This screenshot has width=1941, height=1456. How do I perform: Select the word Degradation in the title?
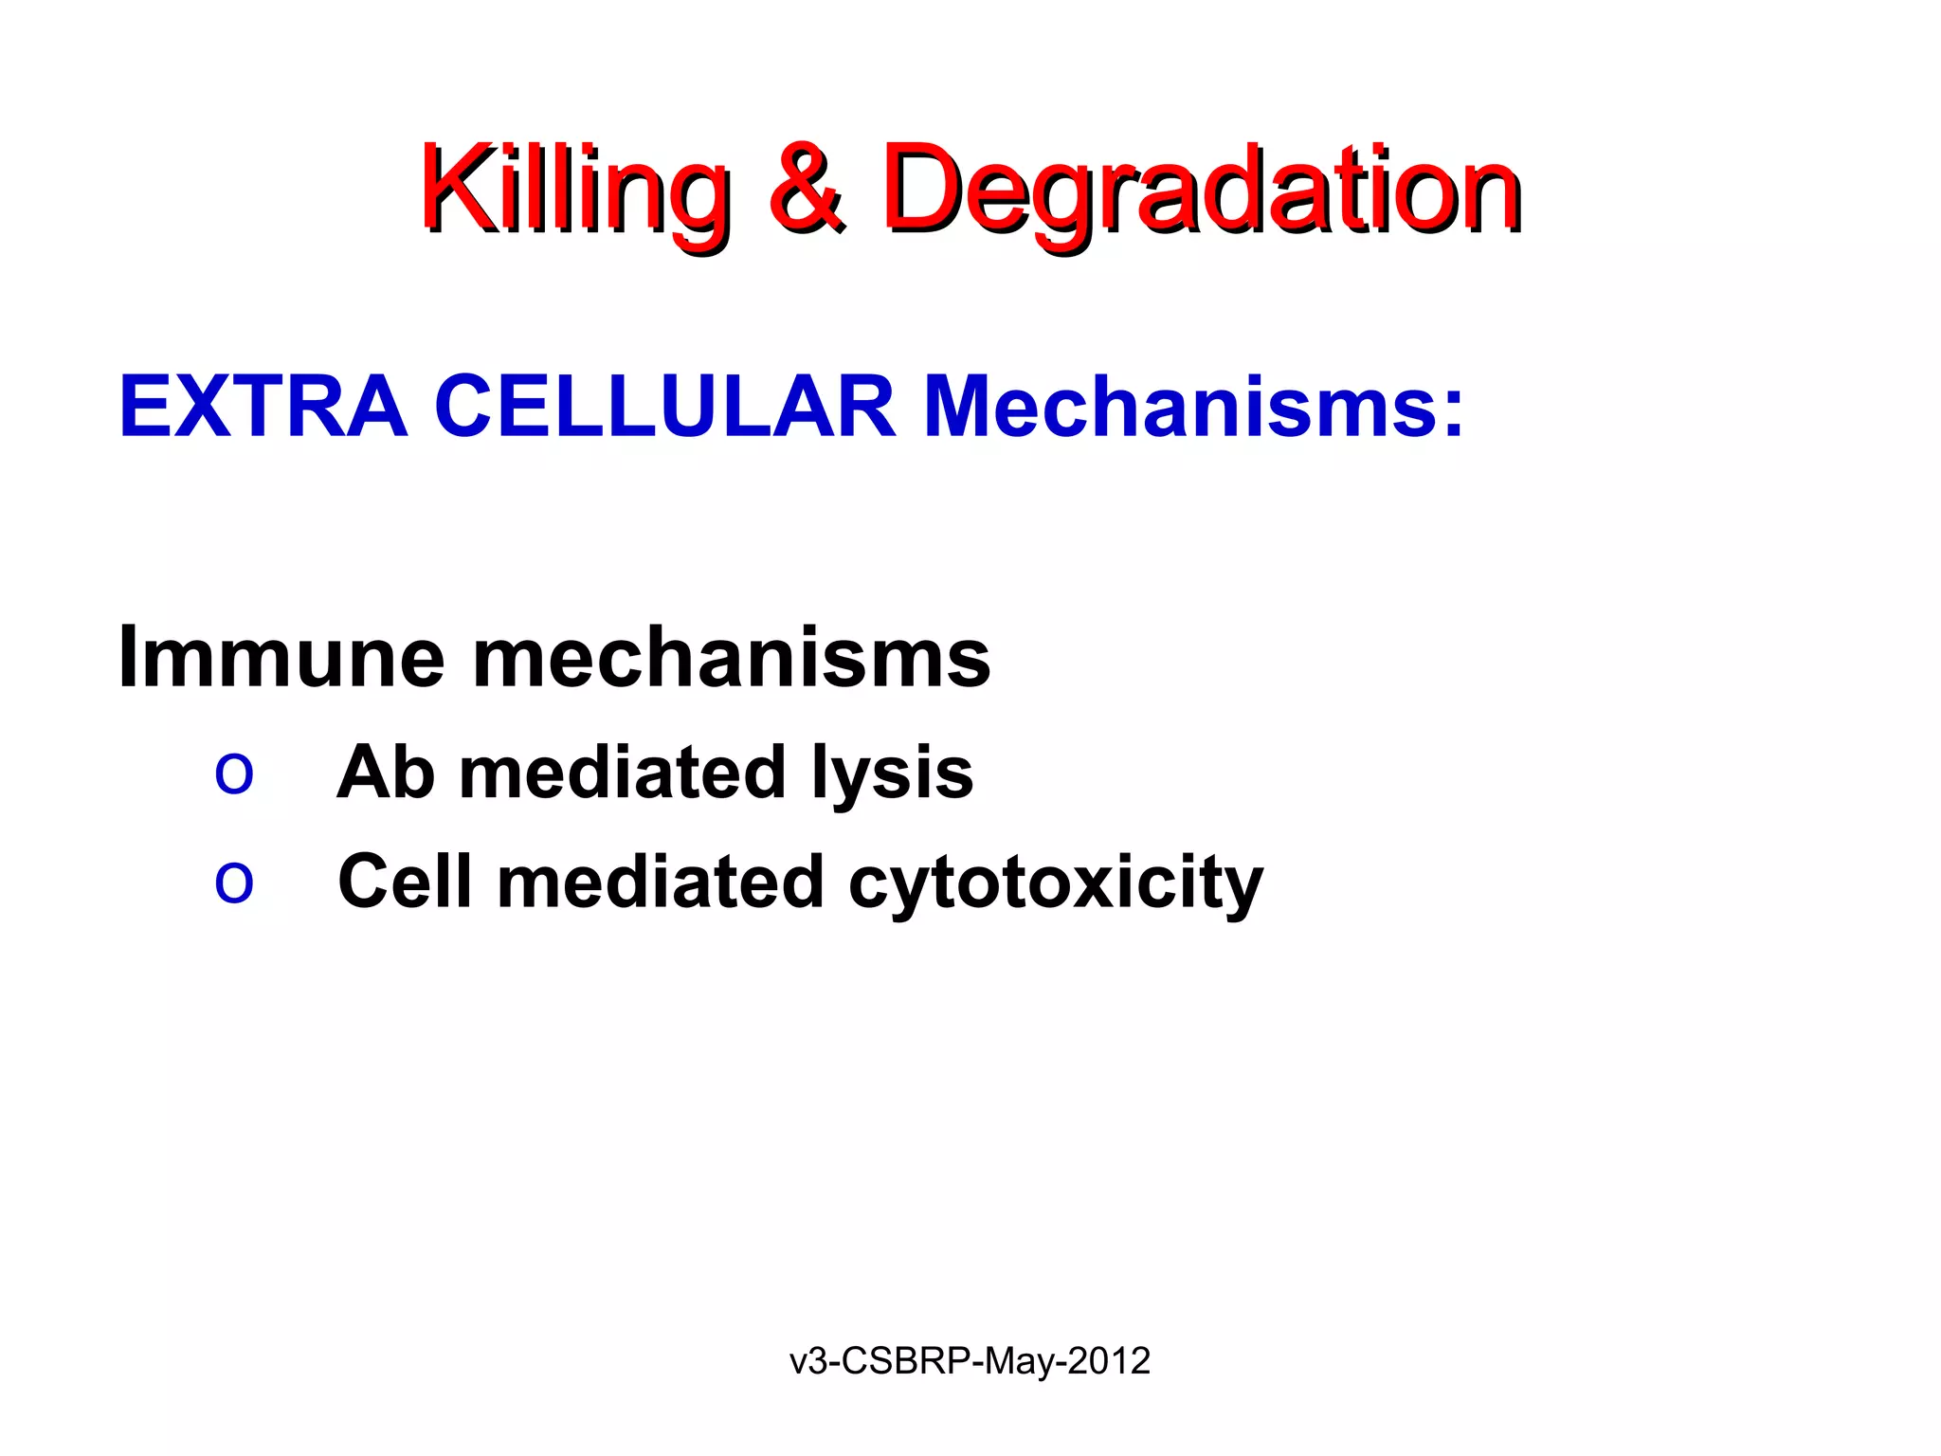tap(1202, 190)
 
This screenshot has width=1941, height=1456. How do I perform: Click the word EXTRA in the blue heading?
tap(263, 407)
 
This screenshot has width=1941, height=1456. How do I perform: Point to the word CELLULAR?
tap(664, 407)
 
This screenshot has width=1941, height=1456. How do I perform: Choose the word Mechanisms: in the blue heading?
tap(1193, 407)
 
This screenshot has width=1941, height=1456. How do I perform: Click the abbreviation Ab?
tap(386, 772)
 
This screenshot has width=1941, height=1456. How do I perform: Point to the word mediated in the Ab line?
tap(623, 772)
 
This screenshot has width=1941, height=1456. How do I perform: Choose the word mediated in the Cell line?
tap(661, 882)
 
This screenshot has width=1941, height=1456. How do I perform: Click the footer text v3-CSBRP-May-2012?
tap(970, 1361)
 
